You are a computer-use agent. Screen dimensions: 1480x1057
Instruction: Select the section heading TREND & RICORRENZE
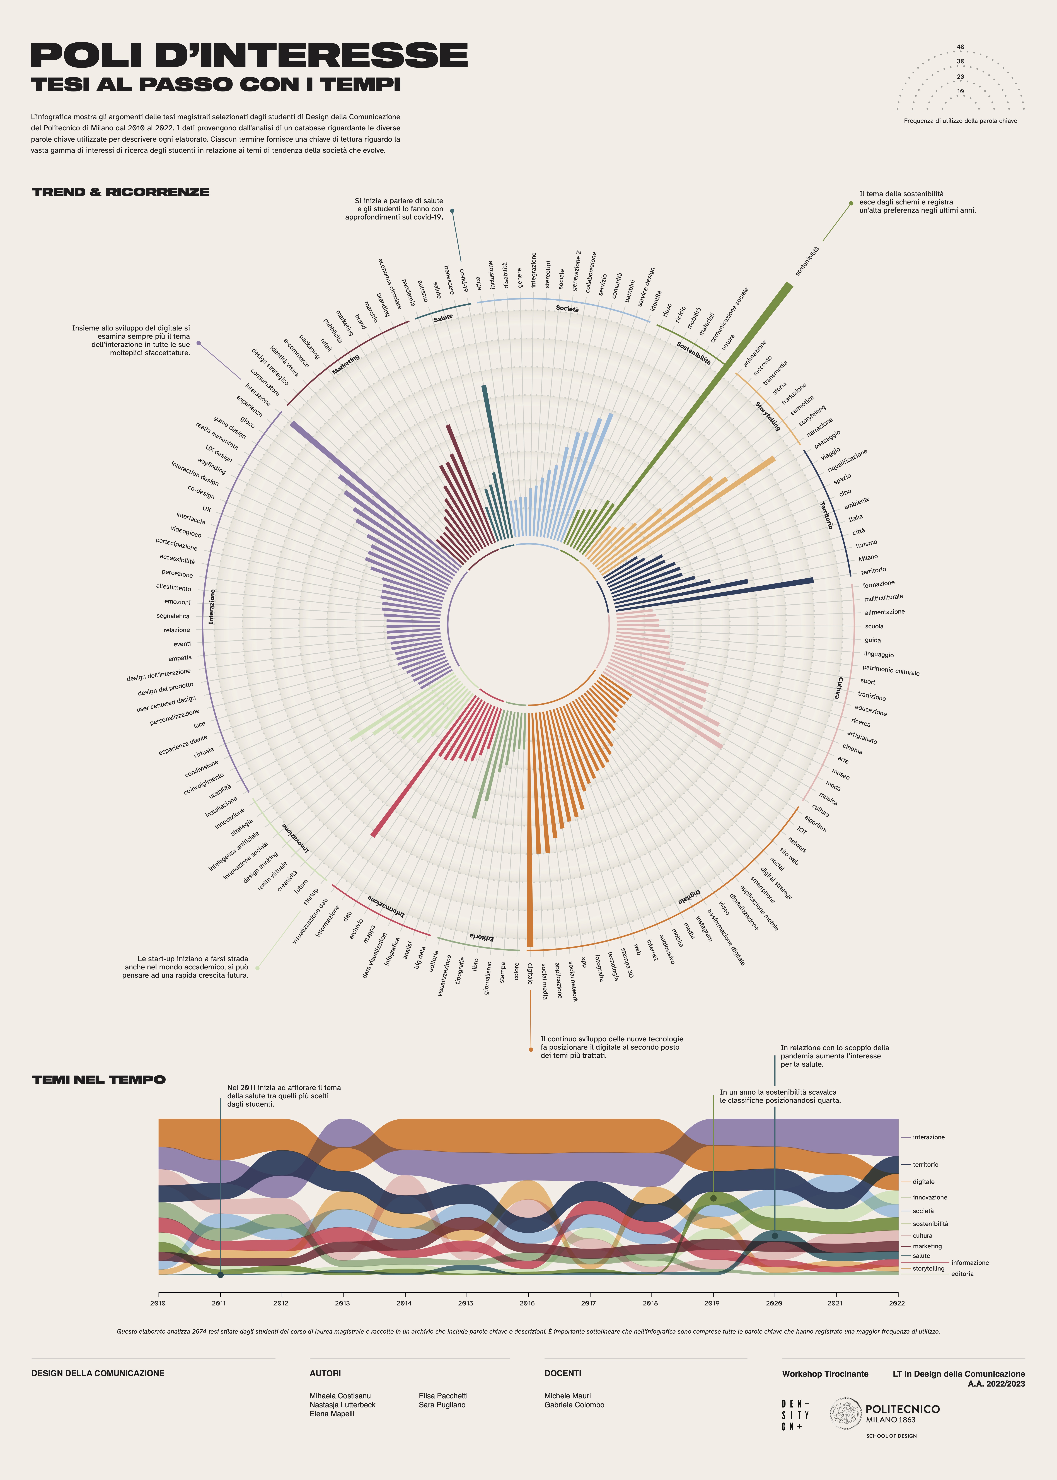point(121,192)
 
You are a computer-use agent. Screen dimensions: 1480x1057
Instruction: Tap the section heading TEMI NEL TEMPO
point(99,1080)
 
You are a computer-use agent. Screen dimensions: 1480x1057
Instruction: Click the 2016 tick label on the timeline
point(527,1304)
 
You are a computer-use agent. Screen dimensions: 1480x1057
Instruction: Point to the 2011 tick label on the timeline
point(219,1304)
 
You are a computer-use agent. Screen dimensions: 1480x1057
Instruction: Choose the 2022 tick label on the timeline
point(897,1304)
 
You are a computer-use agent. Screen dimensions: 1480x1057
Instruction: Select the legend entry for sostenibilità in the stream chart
point(930,1224)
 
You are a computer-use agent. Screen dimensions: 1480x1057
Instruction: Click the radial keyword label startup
point(311,896)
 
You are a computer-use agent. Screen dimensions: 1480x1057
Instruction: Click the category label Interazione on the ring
point(212,607)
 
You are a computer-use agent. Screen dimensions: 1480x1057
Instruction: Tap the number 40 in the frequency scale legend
point(961,47)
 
